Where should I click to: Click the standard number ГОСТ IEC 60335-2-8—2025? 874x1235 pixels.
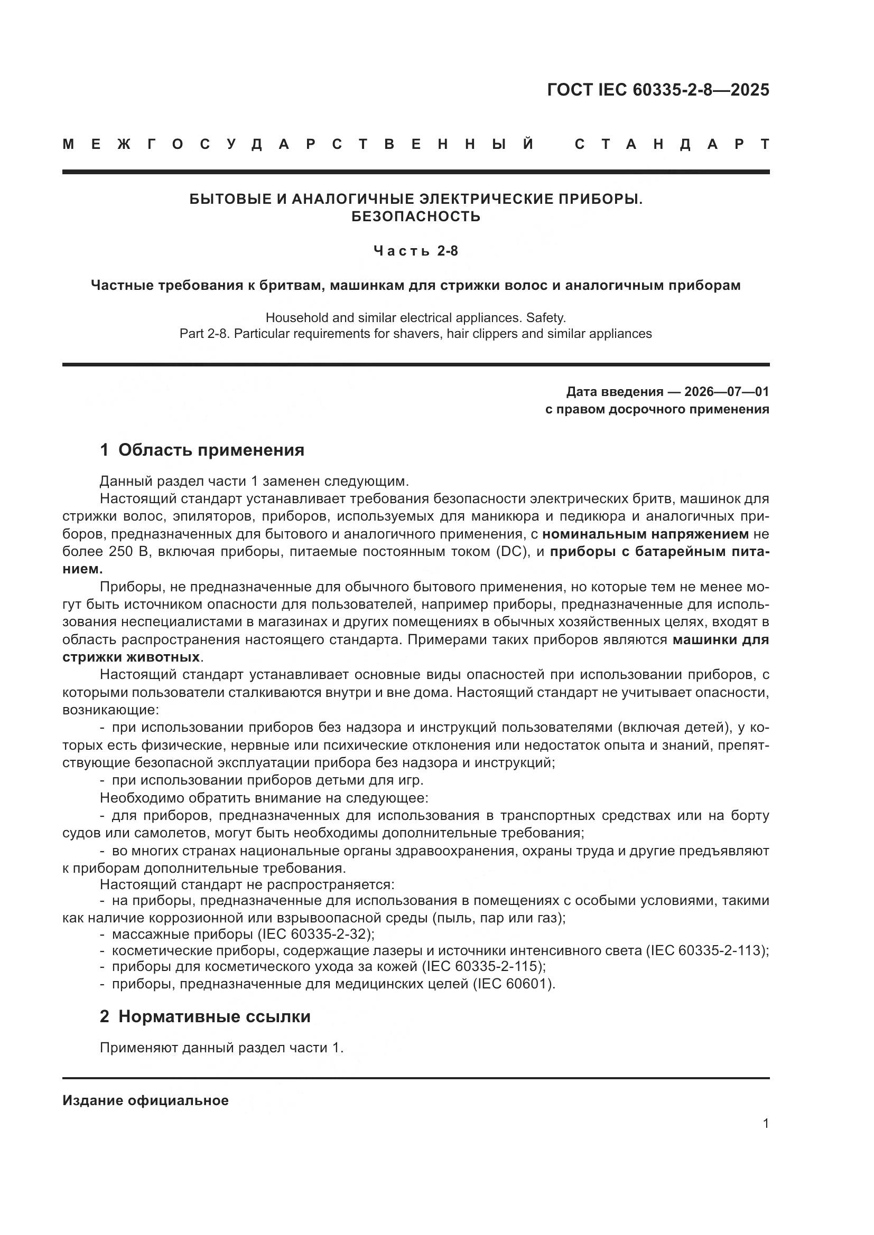pyautogui.click(x=658, y=90)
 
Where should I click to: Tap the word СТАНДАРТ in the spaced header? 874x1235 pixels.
pyautogui.click(x=672, y=144)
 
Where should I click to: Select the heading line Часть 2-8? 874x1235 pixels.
pyautogui.click(x=415, y=251)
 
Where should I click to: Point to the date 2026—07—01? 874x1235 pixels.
pyautogui.click(x=727, y=391)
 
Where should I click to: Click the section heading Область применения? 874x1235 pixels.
pyautogui.click(x=211, y=450)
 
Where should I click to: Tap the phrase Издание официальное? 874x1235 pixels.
pyautogui.click(x=145, y=1100)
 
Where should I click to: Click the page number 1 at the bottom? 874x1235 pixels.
pyautogui.click(x=765, y=1123)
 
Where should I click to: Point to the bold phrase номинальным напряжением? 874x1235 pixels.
pyautogui.click(x=645, y=534)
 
